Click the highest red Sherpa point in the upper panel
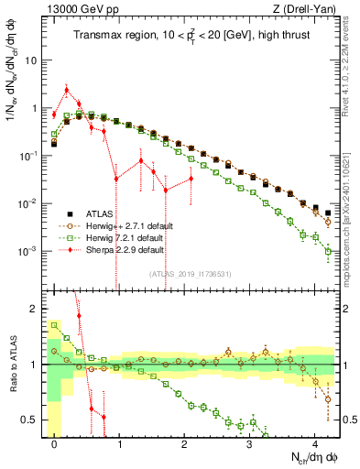coord(66,90)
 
